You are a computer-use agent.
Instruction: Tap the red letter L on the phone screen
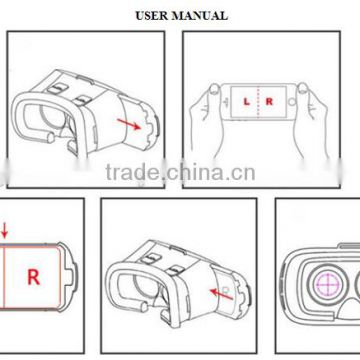[x=246, y=101]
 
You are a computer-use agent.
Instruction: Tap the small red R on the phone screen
[x=269, y=101]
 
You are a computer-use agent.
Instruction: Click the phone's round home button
[x=292, y=101]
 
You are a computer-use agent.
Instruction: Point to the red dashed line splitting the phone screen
[x=259, y=102]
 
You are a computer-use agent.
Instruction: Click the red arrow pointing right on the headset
[x=129, y=124]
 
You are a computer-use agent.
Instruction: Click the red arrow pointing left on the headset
[x=221, y=295]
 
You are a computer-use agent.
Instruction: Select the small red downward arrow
[x=4, y=231]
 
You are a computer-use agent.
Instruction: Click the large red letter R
[x=33, y=277]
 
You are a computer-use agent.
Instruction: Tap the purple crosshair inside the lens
[x=327, y=284]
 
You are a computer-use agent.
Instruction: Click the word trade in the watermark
[x=132, y=172]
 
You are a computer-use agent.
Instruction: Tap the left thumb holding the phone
[x=214, y=89]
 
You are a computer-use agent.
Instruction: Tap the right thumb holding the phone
[x=303, y=88]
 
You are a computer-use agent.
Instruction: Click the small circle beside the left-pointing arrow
[x=226, y=288]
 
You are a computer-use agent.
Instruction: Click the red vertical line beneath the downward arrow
[x=5, y=277]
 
